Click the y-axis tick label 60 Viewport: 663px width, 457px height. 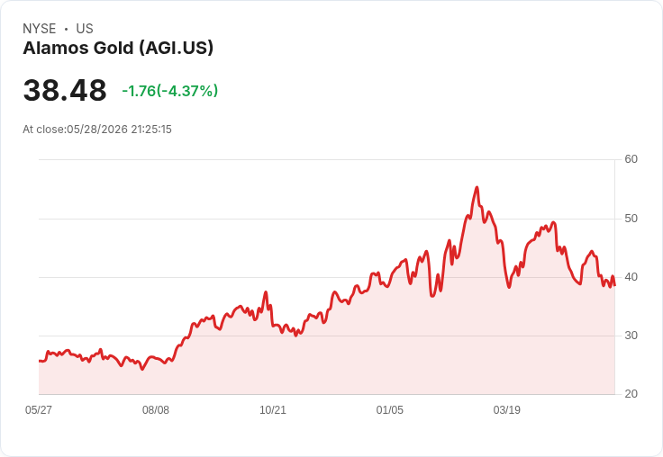coord(631,159)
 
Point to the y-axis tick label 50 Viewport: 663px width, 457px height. coord(631,219)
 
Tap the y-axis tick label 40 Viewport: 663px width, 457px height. coord(631,277)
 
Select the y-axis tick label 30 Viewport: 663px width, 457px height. coord(631,336)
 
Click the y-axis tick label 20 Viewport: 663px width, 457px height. coord(631,394)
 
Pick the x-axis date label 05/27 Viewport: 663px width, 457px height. coord(39,409)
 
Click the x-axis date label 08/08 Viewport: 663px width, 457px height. coord(156,409)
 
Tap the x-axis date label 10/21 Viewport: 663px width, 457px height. coord(273,409)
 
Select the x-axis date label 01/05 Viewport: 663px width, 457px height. coord(390,409)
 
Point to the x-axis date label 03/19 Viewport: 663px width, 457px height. coord(506,409)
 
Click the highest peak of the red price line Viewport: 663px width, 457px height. coord(477,187)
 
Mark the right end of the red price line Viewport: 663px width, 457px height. coord(614,285)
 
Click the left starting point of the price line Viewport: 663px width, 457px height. coord(40,361)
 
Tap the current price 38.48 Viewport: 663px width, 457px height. coord(65,90)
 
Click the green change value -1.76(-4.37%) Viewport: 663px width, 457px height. coord(170,91)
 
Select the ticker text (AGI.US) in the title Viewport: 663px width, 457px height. coord(177,49)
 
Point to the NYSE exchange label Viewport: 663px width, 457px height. coord(40,29)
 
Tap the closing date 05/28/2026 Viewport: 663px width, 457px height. coord(96,130)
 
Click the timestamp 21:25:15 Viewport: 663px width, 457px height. coord(151,130)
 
